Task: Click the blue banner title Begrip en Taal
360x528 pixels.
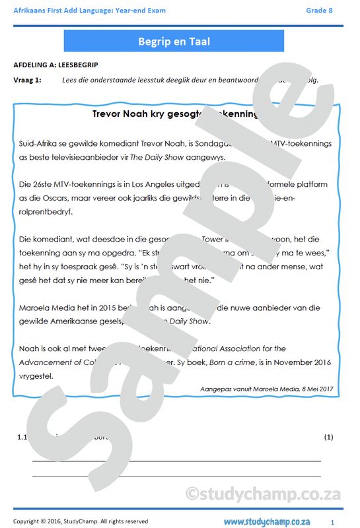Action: [x=174, y=41]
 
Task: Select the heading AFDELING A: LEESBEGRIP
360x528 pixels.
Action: [x=55, y=65]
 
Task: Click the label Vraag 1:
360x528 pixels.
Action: [x=27, y=80]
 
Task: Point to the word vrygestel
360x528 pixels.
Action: [x=33, y=376]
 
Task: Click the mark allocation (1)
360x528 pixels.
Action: [x=329, y=437]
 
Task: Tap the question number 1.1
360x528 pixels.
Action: [x=22, y=437]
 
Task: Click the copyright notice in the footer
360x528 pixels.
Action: [x=81, y=521]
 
